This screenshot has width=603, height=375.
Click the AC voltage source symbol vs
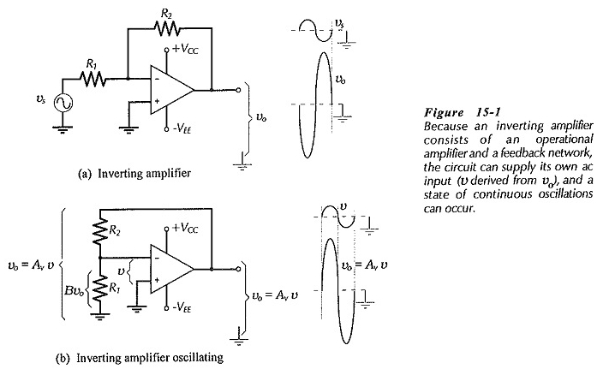tap(63, 103)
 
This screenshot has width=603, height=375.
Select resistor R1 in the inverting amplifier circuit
tap(93, 79)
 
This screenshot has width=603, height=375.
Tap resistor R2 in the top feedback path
tap(166, 27)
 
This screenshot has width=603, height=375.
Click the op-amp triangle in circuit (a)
tap(172, 90)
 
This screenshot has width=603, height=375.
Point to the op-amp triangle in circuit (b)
tap(172, 269)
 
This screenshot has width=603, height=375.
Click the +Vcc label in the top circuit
tap(185, 49)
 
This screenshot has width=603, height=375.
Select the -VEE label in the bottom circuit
tap(182, 307)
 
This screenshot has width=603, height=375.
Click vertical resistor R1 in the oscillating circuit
tap(100, 289)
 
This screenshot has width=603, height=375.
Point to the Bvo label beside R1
tap(75, 290)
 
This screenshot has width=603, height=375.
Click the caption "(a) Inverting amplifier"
tap(134, 174)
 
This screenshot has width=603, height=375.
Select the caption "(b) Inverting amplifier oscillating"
tap(140, 358)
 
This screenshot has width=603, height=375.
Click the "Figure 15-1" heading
tap(463, 112)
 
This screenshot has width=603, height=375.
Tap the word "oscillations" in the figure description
tap(565, 194)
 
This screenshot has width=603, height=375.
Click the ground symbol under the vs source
tap(63, 128)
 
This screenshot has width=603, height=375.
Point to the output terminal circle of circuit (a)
tap(238, 90)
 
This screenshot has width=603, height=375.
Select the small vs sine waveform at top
tap(316, 30)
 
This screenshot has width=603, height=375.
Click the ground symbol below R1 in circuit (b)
tap(100, 317)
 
